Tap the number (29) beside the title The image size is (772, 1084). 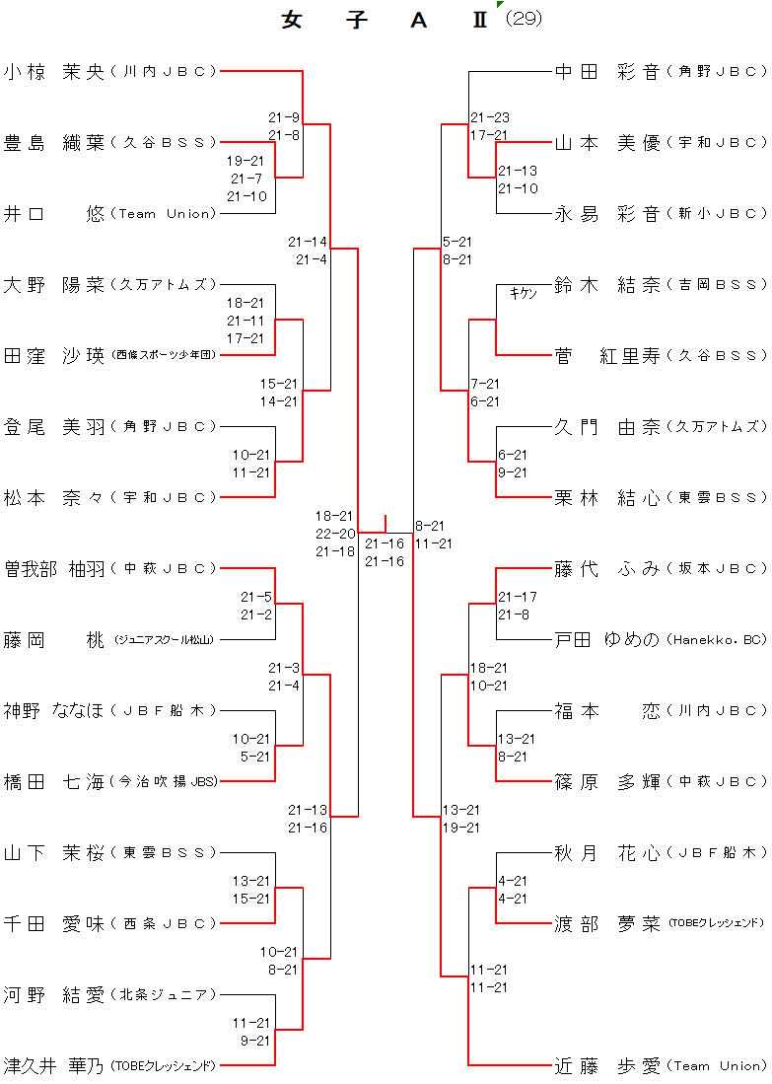pos(524,18)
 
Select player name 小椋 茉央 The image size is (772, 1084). pos(53,71)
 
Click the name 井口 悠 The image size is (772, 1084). pos(53,213)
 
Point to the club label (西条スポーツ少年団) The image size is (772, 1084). pos(164,355)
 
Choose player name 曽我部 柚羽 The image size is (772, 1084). pos(53,568)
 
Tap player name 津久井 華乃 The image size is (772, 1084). pos(53,1065)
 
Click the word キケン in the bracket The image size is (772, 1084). pos(524,293)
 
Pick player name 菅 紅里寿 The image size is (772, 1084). pos(607,355)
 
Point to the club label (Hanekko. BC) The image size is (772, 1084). pos(717,639)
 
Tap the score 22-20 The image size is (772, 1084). pos(335,534)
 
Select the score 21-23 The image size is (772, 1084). pos(489,117)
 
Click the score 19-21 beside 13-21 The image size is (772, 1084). pos(461,828)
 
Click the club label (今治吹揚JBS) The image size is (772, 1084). pos(165,781)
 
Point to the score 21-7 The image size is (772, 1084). pos(246,179)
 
